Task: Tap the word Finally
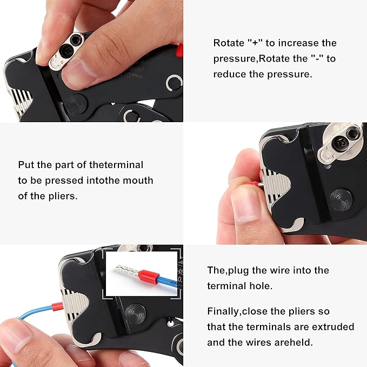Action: tap(227, 311)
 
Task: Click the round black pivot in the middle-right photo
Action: tap(342, 199)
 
